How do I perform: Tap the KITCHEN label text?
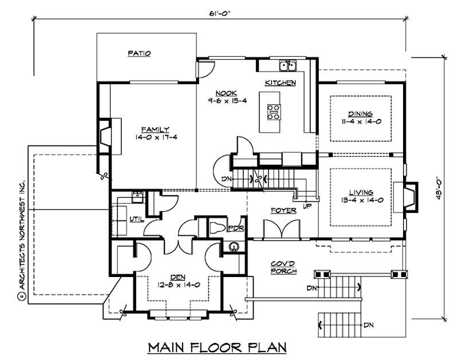point(280,83)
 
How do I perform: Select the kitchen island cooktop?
point(274,111)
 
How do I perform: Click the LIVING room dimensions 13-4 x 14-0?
point(361,200)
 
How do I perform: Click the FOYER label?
point(283,211)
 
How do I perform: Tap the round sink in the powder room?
point(234,248)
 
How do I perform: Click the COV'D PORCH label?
point(283,267)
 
